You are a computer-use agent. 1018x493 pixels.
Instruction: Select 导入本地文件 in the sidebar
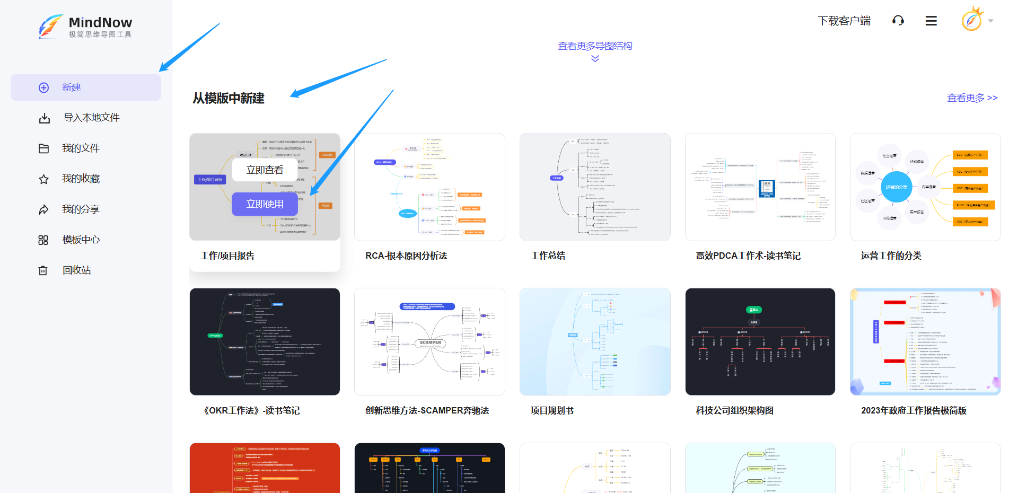(91, 118)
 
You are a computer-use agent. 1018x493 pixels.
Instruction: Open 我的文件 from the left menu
(81, 148)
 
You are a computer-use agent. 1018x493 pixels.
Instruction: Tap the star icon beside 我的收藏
(44, 179)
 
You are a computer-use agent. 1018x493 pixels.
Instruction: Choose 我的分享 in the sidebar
(81, 209)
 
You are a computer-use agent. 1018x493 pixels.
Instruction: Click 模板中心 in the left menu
(81, 240)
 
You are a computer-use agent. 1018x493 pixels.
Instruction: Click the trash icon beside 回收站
(43, 270)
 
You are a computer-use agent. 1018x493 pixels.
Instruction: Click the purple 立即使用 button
(265, 204)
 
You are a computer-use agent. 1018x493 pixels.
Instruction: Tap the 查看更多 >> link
(972, 98)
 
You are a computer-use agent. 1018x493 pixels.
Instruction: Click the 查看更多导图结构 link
(595, 46)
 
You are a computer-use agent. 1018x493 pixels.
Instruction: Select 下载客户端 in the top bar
(844, 21)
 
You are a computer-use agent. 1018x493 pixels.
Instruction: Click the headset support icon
(898, 21)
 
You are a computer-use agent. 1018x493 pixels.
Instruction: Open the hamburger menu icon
(931, 21)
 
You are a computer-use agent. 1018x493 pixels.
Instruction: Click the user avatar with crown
(972, 20)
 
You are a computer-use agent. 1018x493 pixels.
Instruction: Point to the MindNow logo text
(100, 23)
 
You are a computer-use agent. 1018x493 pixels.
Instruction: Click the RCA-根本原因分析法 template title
(406, 256)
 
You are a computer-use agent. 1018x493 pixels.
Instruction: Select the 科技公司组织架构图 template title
(734, 410)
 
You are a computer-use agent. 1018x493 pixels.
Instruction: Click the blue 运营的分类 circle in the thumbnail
(896, 187)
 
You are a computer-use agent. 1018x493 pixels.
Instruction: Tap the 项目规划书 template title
(552, 410)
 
